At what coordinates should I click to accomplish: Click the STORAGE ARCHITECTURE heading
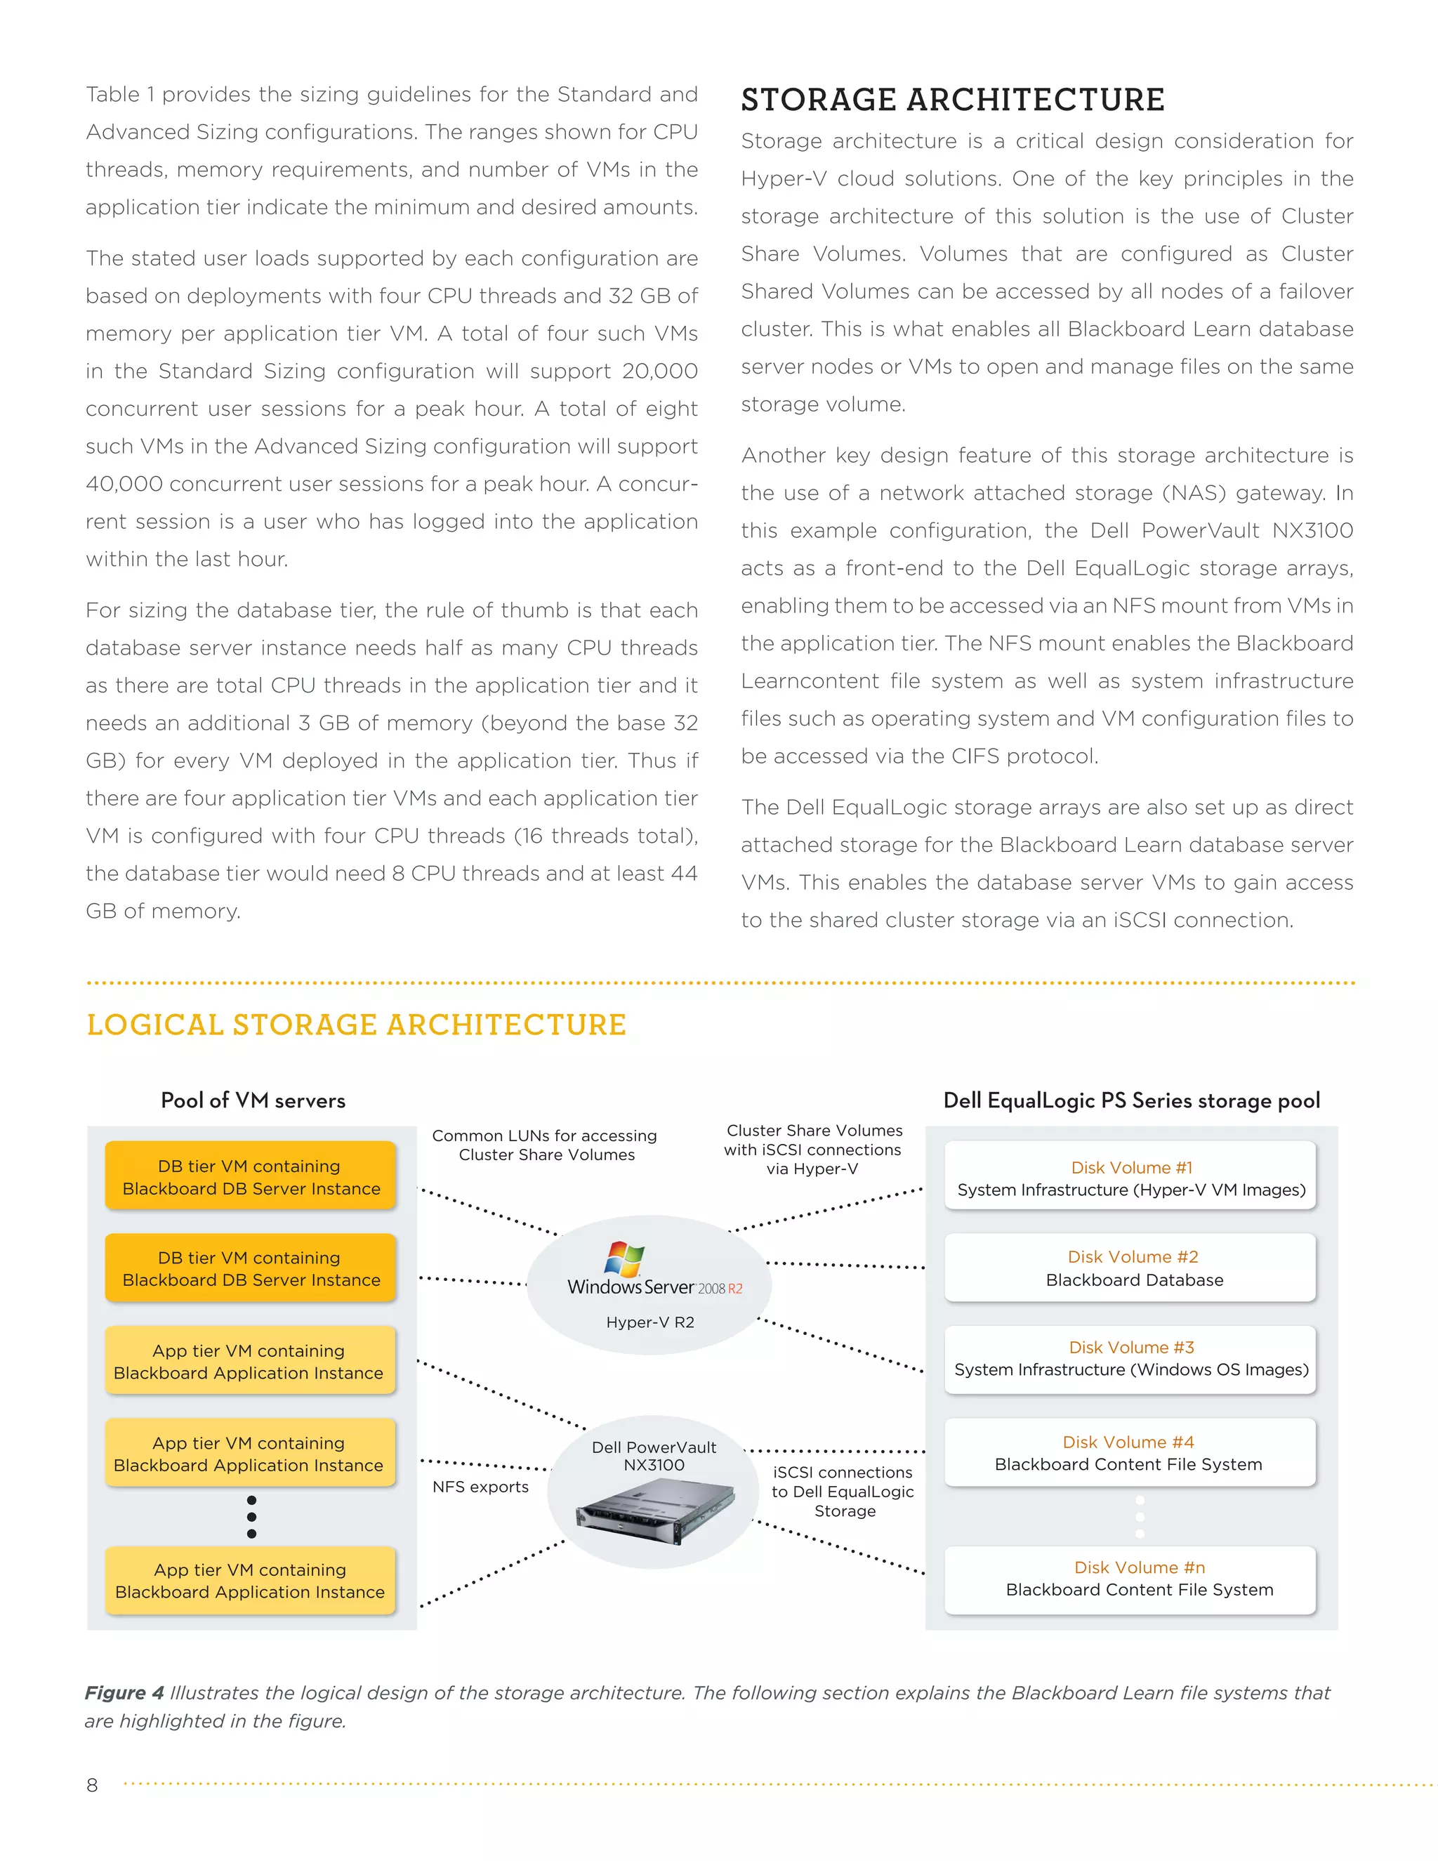(x=951, y=100)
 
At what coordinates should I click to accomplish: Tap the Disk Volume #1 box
(x=1130, y=1178)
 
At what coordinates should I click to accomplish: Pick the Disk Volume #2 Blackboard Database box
(x=1130, y=1268)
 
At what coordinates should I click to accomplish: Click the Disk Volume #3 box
(x=1130, y=1359)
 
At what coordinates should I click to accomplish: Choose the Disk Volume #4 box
(x=1130, y=1452)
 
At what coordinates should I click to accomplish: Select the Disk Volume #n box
(x=1130, y=1579)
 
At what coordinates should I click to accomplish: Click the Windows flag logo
(x=624, y=1258)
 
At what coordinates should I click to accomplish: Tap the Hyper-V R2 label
(x=650, y=1322)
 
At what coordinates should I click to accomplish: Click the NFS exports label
(x=480, y=1487)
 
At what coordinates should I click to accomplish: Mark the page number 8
(x=92, y=1785)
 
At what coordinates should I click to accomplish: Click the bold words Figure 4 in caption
(x=124, y=1693)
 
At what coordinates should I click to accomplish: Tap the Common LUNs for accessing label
(x=545, y=1136)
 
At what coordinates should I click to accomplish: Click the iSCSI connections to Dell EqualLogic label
(x=843, y=1491)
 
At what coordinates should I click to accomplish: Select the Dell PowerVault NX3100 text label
(x=654, y=1455)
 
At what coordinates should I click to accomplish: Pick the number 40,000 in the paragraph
(x=124, y=484)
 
